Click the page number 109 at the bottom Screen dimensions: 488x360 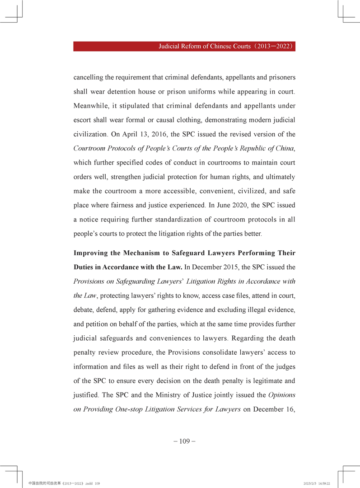pyautogui.click(x=184, y=441)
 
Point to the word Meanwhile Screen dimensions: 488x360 pyautogui.click(x=92, y=105)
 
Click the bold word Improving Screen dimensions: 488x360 pyautogui.click(x=94, y=253)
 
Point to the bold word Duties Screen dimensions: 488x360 pyautogui.click(x=85, y=267)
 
